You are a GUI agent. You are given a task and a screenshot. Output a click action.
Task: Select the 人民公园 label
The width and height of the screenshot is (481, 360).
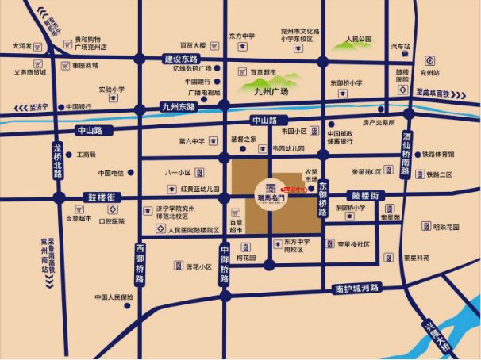(358, 39)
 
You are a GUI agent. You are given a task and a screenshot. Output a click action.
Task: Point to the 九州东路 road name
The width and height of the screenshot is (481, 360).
(176, 106)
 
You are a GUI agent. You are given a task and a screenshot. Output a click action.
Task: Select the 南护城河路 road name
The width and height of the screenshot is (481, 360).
(358, 289)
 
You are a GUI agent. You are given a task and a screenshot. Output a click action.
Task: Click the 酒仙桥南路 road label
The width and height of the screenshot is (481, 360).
(408, 155)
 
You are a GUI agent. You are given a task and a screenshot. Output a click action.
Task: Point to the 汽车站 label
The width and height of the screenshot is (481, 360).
(402, 47)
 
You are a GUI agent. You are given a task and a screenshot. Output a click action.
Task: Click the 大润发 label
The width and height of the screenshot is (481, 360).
(21, 46)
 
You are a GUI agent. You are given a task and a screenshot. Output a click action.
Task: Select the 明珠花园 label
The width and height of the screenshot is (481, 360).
(446, 227)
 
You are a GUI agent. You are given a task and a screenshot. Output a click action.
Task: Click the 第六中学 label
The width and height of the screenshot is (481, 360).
(191, 141)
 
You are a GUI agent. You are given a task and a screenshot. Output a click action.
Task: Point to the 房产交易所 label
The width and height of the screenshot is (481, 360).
(379, 123)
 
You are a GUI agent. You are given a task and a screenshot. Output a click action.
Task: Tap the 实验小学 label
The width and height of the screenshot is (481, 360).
(112, 90)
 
